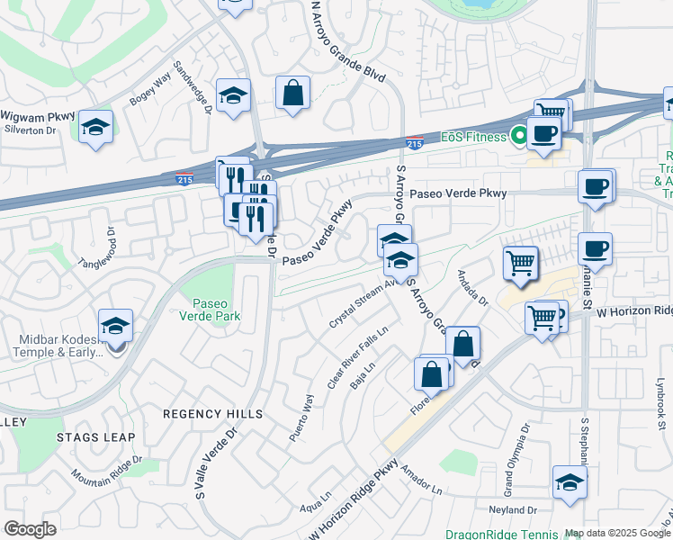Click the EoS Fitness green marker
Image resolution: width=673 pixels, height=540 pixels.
pyautogui.click(x=518, y=137)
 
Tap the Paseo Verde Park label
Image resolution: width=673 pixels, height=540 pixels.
pyautogui.click(x=217, y=310)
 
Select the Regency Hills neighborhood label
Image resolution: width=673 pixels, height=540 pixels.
pyautogui.click(x=213, y=414)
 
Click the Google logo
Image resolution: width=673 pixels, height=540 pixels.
pyautogui.click(x=30, y=528)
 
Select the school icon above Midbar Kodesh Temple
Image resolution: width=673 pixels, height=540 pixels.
pyautogui.click(x=115, y=326)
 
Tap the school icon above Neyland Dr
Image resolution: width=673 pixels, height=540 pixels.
pyautogui.click(x=570, y=481)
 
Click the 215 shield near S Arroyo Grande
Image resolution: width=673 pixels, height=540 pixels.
pyautogui.click(x=415, y=142)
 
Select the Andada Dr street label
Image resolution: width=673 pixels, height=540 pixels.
pyautogui.click(x=471, y=288)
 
